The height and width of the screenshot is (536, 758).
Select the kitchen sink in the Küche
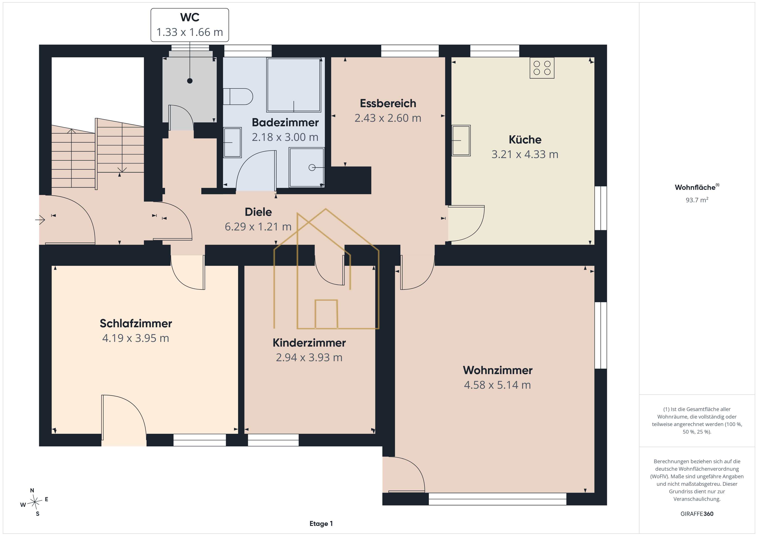(x=461, y=140)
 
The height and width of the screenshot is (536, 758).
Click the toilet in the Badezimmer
(x=238, y=97)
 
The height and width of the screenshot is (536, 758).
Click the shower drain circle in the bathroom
(x=312, y=168)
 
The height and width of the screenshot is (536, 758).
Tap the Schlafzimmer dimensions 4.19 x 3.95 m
(x=136, y=338)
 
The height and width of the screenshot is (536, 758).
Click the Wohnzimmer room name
(x=498, y=370)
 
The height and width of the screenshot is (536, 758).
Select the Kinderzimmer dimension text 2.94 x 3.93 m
(x=309, y=358)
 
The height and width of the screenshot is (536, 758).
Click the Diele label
(x=258, y=212)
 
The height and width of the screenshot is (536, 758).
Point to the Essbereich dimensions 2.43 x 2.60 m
(x=388, y=118)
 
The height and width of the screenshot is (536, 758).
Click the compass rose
(x=34, y=502)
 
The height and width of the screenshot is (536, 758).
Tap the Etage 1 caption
(x=321, y=524)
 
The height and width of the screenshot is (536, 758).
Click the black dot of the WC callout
(x=190, y=81)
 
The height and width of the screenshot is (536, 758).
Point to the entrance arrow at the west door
(x=40, y=219)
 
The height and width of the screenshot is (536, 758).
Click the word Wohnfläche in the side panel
(x=695, y=187)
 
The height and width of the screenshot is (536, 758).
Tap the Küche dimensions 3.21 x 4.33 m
(x=525, y=154)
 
